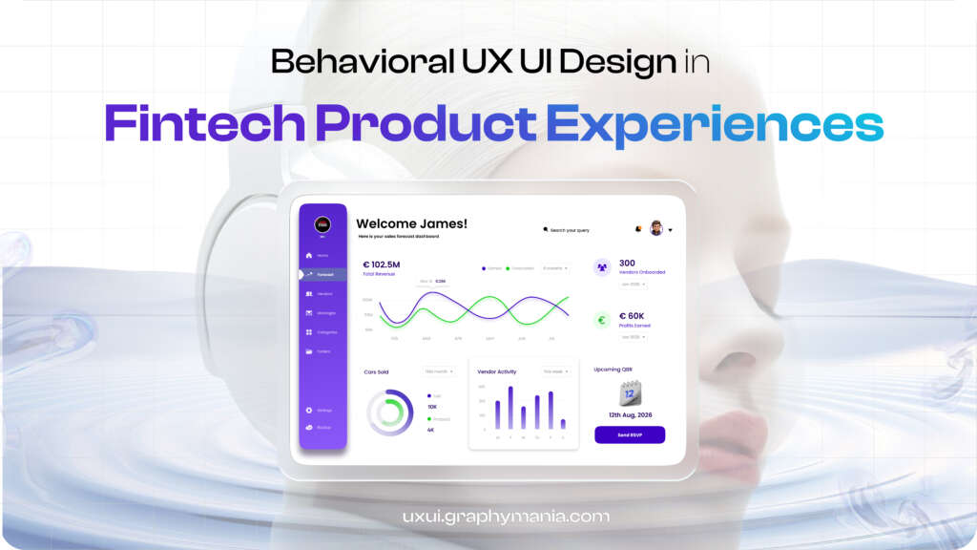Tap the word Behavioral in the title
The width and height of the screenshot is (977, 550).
tap(340, 62)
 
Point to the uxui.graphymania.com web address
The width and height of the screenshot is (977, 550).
tap(506, 517)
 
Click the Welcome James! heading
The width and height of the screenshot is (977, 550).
tap(412, 223)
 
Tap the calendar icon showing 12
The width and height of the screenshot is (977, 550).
tap(630, 392)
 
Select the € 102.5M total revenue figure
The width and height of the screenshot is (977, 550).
tap(382, 264)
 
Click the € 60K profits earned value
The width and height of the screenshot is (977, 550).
tap(632, 315)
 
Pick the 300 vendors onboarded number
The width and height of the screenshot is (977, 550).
tap(627, 263)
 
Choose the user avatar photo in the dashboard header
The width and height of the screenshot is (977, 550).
tap(656, 228)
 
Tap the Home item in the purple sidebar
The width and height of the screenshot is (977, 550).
tap(322, 256)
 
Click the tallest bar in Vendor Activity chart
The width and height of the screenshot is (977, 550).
tap(510, 408)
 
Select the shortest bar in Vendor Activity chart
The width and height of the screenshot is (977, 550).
tap(563, 423)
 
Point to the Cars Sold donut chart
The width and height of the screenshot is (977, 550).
tap(390, 412)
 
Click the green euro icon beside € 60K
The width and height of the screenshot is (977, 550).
tap(602, 320)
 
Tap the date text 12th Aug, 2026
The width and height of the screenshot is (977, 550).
tap(630, 414)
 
